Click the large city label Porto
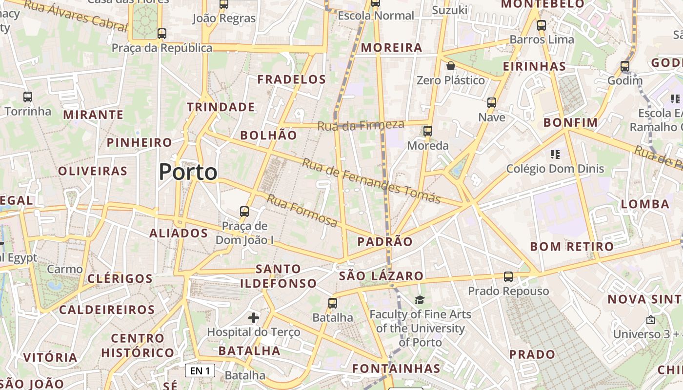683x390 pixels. coord(188,172)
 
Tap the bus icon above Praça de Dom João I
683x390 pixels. coord(244,212)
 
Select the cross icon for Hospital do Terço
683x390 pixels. coord(254,318)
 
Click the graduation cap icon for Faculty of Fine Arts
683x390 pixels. coord(420,300)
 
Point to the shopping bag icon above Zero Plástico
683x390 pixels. coord(451,65)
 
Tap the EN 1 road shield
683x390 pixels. coord(200,370)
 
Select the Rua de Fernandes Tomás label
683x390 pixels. coord(371,180)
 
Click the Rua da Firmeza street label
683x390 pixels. coord(361,125)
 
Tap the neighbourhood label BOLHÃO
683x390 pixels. coord(269,135)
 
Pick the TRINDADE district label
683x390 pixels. coord(221,107)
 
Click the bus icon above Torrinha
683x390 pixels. coord(28,97)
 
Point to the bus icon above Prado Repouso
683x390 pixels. coord(508,277)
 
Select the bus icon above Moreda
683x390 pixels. coord(428,131)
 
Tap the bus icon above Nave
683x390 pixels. coord(492,103)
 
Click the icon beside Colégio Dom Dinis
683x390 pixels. coord(555,155)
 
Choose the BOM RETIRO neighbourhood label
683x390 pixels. coord(572,246)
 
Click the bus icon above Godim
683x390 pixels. coord(625,66)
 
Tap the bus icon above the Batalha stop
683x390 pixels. coord(333,303)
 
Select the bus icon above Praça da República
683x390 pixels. coord(162,34)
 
